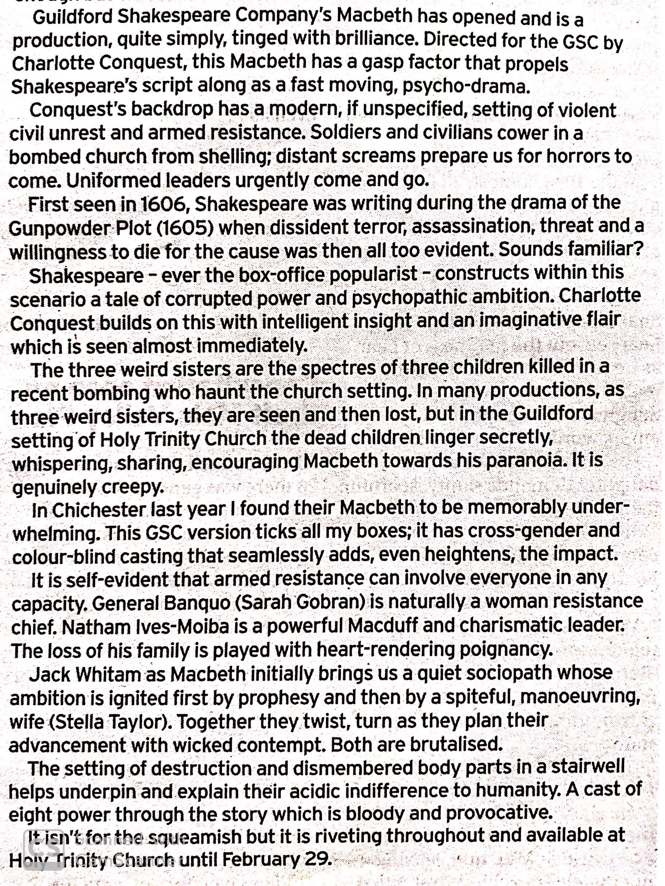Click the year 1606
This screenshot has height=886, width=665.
pos(162,205)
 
